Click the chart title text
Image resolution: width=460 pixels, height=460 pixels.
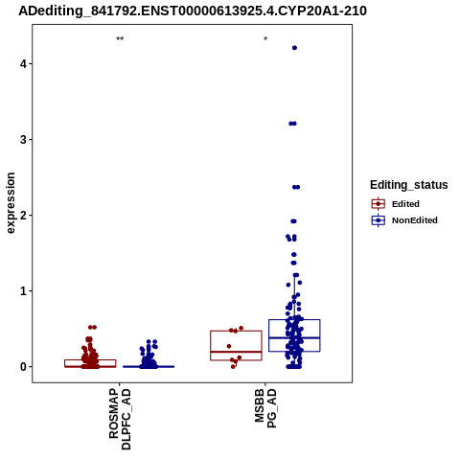(x=193, y=11)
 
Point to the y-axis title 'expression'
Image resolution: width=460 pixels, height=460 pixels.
(x=11, y=203)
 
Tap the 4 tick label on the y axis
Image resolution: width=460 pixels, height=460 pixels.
(x=23, y=64)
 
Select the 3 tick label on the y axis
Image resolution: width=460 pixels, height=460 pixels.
(x=23, y=140)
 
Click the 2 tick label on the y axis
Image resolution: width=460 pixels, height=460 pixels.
(x=23, y=216)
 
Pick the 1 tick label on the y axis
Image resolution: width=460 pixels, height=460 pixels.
(x=23, y=291)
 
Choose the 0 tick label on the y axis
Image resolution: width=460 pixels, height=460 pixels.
(x=23, y=367)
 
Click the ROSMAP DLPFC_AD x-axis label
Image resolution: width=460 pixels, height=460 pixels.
(x=120, y=419)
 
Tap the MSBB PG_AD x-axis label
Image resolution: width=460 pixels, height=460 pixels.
(x=265, y=408)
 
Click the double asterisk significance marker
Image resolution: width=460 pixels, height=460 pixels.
(x=120, y=39)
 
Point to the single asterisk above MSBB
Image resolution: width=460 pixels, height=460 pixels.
(x=265, y=39)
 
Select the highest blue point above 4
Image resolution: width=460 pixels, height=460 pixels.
(x=294, y=48)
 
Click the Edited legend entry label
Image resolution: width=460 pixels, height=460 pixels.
(x=405, y=204)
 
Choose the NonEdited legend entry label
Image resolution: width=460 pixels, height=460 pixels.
(x=415, y=220)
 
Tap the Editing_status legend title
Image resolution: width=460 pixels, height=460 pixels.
(x=409, y=185)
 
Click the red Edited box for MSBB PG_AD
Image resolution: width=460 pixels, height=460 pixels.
(x=236, y=331)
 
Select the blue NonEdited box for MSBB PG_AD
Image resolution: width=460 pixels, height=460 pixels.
(x=294, y=319)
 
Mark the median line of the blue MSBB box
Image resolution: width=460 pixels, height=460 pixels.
(x=294, y=337)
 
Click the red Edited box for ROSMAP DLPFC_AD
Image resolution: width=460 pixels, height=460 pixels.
(x=90, y=360)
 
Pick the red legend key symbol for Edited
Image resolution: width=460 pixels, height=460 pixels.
(x=379, y=204)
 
